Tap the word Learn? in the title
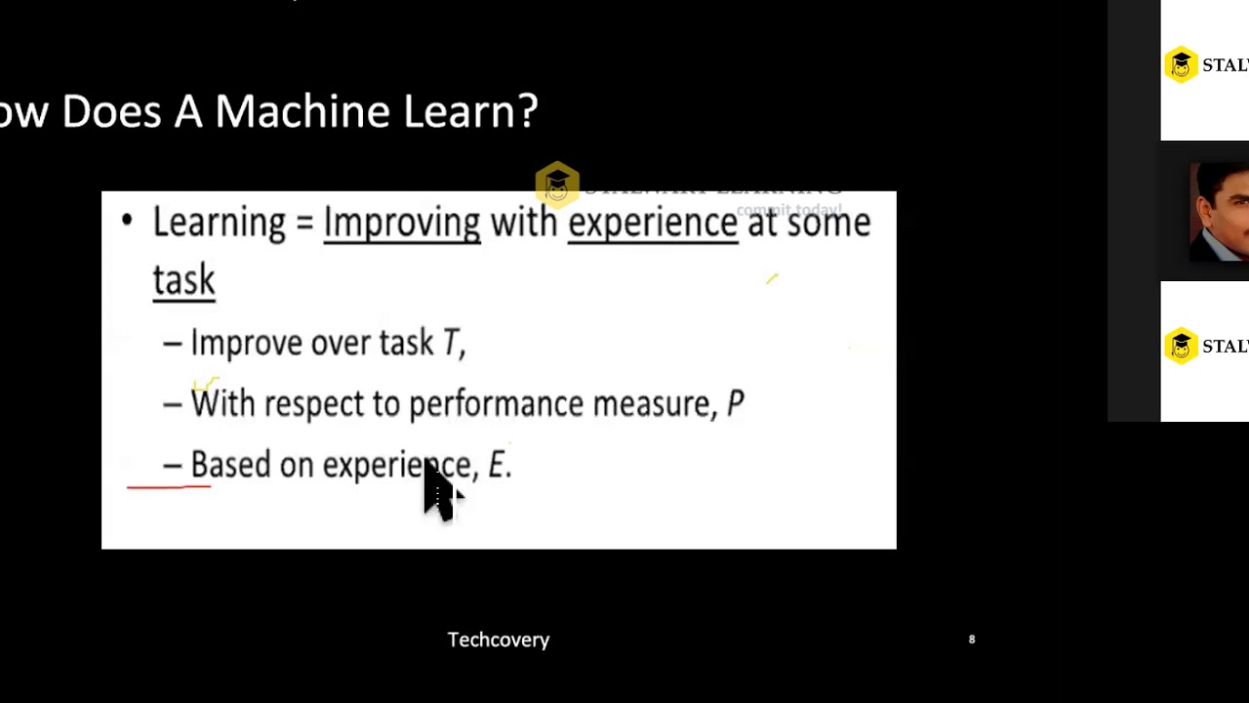[x=470, y=111]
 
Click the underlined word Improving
[x=401, y=223]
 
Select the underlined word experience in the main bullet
[x=652, y=223]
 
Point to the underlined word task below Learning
[x=183, y=280]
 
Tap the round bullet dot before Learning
[x=127, y=221]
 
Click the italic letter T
[x=451, y=343]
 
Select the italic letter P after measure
[x=735, y=404]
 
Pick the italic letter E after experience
[x=497, y=465]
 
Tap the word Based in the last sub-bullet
[x=230, y=465]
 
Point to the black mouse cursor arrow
[x=439, y=492]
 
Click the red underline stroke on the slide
[x=168, y=484]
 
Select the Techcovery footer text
[x=498, y=640]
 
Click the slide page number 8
[x=971, y=640]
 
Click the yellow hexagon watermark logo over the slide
[x=557, y=184]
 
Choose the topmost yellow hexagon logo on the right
[x=1181, y=65]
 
